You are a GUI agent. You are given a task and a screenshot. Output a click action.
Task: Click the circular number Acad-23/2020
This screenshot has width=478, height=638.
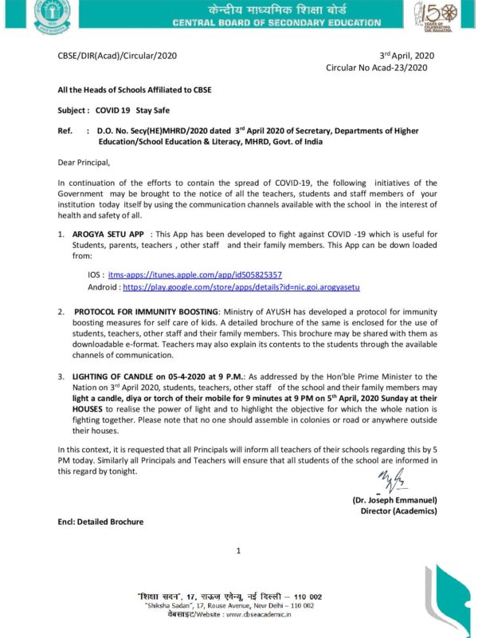tap(377, 69)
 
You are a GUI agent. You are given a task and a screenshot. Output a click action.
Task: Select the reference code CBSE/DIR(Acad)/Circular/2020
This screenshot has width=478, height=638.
tap(117, 56)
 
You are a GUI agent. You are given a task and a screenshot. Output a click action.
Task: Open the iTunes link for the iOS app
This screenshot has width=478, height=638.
tap(195, 274)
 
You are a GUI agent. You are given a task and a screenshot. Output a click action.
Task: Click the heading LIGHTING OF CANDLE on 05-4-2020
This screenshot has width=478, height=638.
tap(150, 374)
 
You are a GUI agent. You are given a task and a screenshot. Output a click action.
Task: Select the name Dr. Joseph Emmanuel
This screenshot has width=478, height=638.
tap(396, 500)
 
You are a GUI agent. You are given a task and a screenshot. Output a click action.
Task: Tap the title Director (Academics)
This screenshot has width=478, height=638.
tap(398, 510)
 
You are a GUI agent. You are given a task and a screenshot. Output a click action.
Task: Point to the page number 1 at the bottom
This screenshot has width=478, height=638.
tap(238, 551)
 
